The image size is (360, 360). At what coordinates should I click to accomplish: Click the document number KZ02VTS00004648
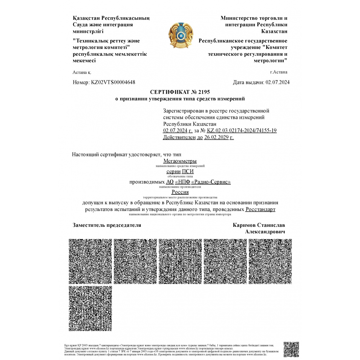coord(113,82)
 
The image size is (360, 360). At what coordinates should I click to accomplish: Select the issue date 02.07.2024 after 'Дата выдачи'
coord(277,82)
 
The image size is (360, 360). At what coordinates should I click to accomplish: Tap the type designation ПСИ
coord(188,171)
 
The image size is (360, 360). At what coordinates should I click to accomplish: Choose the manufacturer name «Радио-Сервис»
coord(212,182)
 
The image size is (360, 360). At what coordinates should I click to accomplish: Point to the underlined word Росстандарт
coord(261,209)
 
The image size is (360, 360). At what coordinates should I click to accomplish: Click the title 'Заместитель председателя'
coord(107,225)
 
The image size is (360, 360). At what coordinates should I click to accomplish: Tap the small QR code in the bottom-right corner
coord(291,349)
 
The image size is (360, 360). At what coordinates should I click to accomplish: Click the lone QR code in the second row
coord(90,308)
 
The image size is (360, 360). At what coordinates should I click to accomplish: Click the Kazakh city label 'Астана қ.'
coord(82,72)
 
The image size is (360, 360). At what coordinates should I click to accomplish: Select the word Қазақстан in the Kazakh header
coord(87,18)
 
